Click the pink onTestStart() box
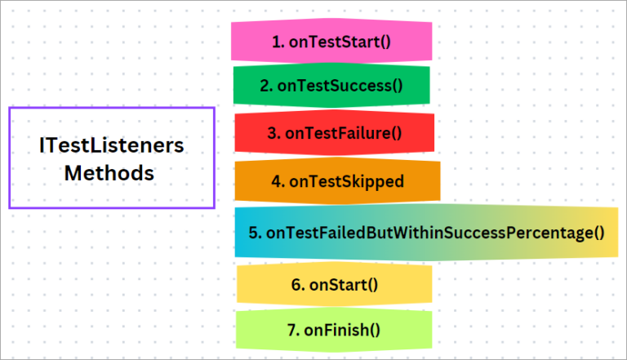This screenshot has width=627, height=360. tap(331, 41)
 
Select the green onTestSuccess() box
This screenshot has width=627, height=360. tap(331, 86)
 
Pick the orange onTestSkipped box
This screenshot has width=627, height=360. tap(337, 181)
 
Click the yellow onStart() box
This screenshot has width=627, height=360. tap(333, 285)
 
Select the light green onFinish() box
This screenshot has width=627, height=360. tap(333, 330)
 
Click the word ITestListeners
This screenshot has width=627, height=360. tap(112, 146)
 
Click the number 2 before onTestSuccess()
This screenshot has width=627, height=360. tap(265, 86)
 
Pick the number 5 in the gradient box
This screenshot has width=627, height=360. tap(253, 233)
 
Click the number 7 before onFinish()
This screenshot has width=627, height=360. tap(291, 330)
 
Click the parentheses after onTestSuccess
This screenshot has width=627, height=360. tap(397, 86)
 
